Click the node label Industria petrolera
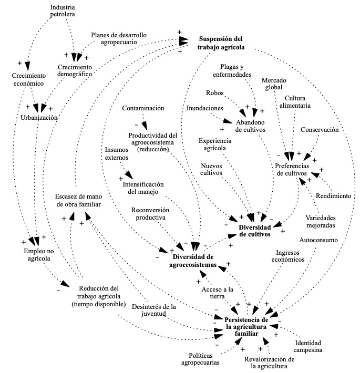pyautogui.click(x=62, y=11)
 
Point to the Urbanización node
pyautogui.click(x=38, y=118)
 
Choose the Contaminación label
pyautogui.click(x=143, y=108)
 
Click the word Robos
pyautogui.click(x=215, y=94)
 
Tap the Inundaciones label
pyautogui.click(x=205, y=108)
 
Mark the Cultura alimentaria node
pyautogui.click(x=297, y=102)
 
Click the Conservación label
pyautogui.click(x=320, y=129)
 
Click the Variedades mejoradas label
pyautogui.click(x=322, y=222)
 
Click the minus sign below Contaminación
pyautogui.click(x=136, y=125)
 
